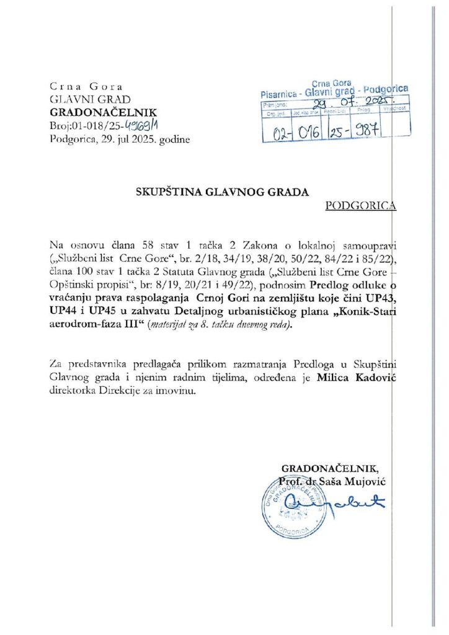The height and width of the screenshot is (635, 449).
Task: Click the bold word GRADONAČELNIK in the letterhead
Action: coord(103,112)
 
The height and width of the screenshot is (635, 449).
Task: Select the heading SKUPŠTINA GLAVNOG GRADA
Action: coord(222,192)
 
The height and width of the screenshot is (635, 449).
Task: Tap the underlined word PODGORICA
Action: coord(360,206)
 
